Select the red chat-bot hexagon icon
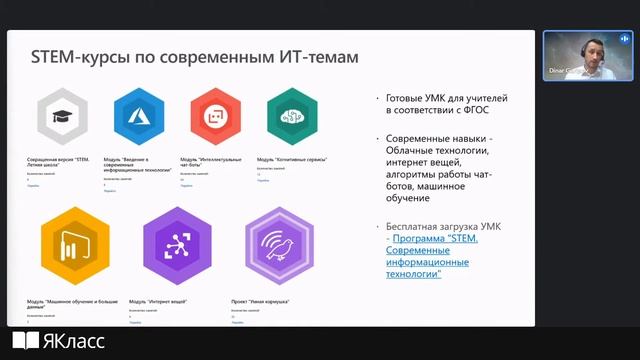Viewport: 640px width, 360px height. (x=214, y=117)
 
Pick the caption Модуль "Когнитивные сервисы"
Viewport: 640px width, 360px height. (x=288, y=158)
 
